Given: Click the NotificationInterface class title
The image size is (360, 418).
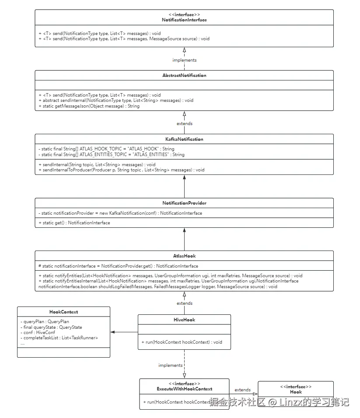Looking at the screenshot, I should click(x=184, y=20).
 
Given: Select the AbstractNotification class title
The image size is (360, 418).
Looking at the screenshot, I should click(x=184, y=75).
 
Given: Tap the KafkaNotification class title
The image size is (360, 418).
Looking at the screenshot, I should click(x=184, y=139).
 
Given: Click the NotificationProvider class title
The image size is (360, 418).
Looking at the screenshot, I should click(x=184, y=203).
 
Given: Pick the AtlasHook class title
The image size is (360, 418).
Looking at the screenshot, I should click(x=184, y=256).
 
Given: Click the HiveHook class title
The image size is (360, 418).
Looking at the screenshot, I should click(x=184, y=320).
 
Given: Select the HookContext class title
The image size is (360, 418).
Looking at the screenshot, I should click(x=63, y=312).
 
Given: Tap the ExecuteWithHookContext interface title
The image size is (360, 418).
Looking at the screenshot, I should click(x=184, y=389).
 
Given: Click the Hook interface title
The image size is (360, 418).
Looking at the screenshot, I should click(x=296, y=392).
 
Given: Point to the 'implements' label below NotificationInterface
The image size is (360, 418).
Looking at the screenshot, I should click(x=184, y=60).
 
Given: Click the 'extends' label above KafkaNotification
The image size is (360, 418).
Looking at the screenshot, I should click(x=184, y=124).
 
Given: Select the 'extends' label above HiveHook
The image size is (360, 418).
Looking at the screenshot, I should click(x=184, y=303).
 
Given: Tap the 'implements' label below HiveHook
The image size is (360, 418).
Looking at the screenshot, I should click(x=171, y=365).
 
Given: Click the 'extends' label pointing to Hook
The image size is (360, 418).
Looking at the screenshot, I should click(x=242, y=390).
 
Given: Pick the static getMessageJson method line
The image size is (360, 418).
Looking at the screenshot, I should click(x=89, y=106).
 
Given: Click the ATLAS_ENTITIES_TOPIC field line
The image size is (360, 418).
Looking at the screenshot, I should click(x=112, y=154).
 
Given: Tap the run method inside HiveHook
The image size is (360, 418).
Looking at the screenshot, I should click(x=182, y=342).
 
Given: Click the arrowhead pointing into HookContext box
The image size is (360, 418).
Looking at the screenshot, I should click(x=112, y=332).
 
